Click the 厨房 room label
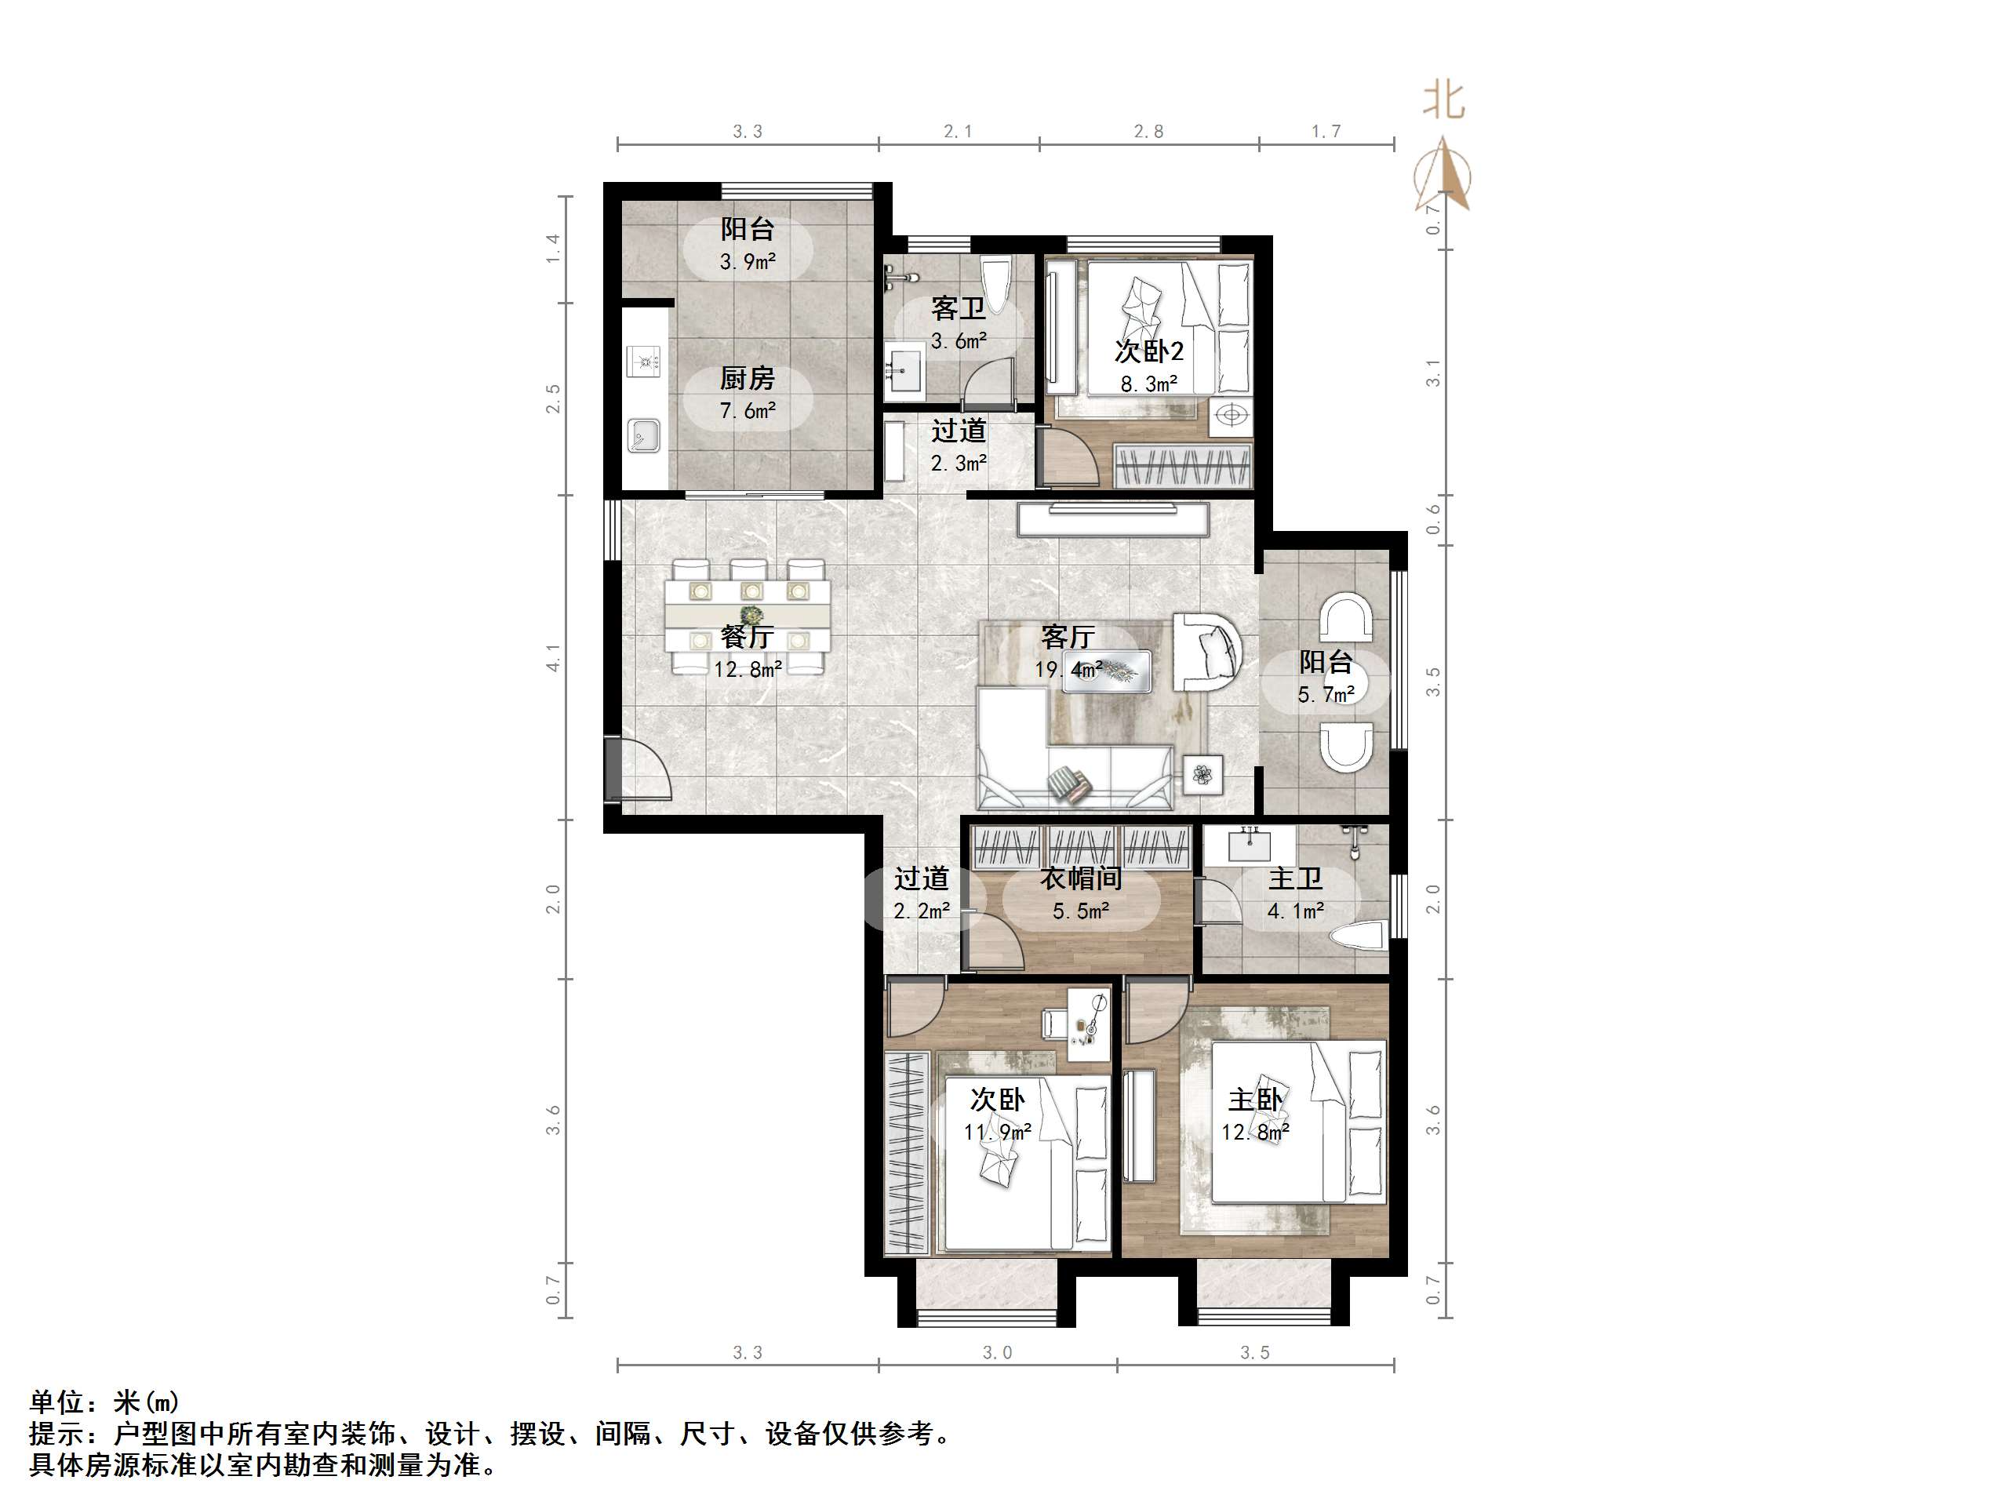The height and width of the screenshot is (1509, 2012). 747,377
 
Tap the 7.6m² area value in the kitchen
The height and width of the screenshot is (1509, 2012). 747,411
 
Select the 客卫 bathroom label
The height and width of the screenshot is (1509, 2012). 958,308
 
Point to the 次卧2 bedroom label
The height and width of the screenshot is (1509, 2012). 1149,351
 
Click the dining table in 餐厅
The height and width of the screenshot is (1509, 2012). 748,616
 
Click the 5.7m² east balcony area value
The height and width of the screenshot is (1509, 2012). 1326,695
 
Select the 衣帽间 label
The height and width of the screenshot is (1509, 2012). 1081,878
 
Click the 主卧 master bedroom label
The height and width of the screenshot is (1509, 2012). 1255,1100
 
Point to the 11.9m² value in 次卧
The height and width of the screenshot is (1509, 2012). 997,1133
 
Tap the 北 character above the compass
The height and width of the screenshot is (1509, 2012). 1443,100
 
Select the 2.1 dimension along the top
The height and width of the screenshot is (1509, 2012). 958,132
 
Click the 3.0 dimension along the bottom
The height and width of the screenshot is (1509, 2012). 997,1353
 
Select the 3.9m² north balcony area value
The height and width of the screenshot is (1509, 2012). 747,263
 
